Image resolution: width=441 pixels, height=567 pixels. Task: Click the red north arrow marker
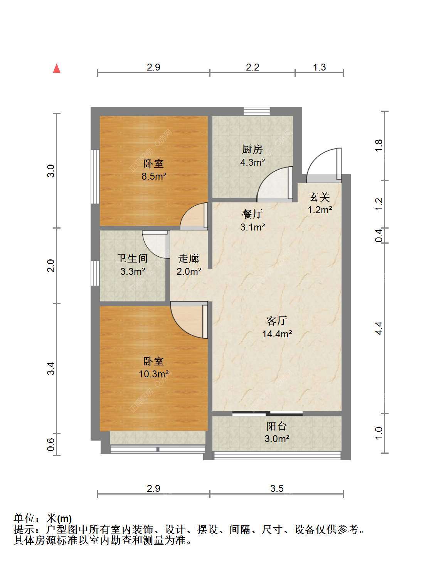(57, 69)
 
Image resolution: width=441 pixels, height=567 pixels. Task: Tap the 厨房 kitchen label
(252, 150)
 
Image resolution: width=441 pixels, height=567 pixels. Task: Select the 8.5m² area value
(154, 177)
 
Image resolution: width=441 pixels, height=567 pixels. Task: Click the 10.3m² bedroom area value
(154, 374)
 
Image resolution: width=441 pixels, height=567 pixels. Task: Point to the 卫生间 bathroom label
(132, 258)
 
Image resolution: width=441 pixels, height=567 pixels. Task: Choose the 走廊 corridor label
(189, 259)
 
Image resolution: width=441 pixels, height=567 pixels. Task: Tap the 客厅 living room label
(277, 321)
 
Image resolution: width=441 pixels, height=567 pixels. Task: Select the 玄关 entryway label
(320, 197)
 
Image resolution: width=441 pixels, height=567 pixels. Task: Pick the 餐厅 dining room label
(252, 214)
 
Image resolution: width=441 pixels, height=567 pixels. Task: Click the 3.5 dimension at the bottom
(277, 488)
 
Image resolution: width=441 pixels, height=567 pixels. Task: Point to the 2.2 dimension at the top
(252, 67)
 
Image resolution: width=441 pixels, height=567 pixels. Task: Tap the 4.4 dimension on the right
(379, 328)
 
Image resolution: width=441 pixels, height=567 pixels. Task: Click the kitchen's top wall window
(256, 111)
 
